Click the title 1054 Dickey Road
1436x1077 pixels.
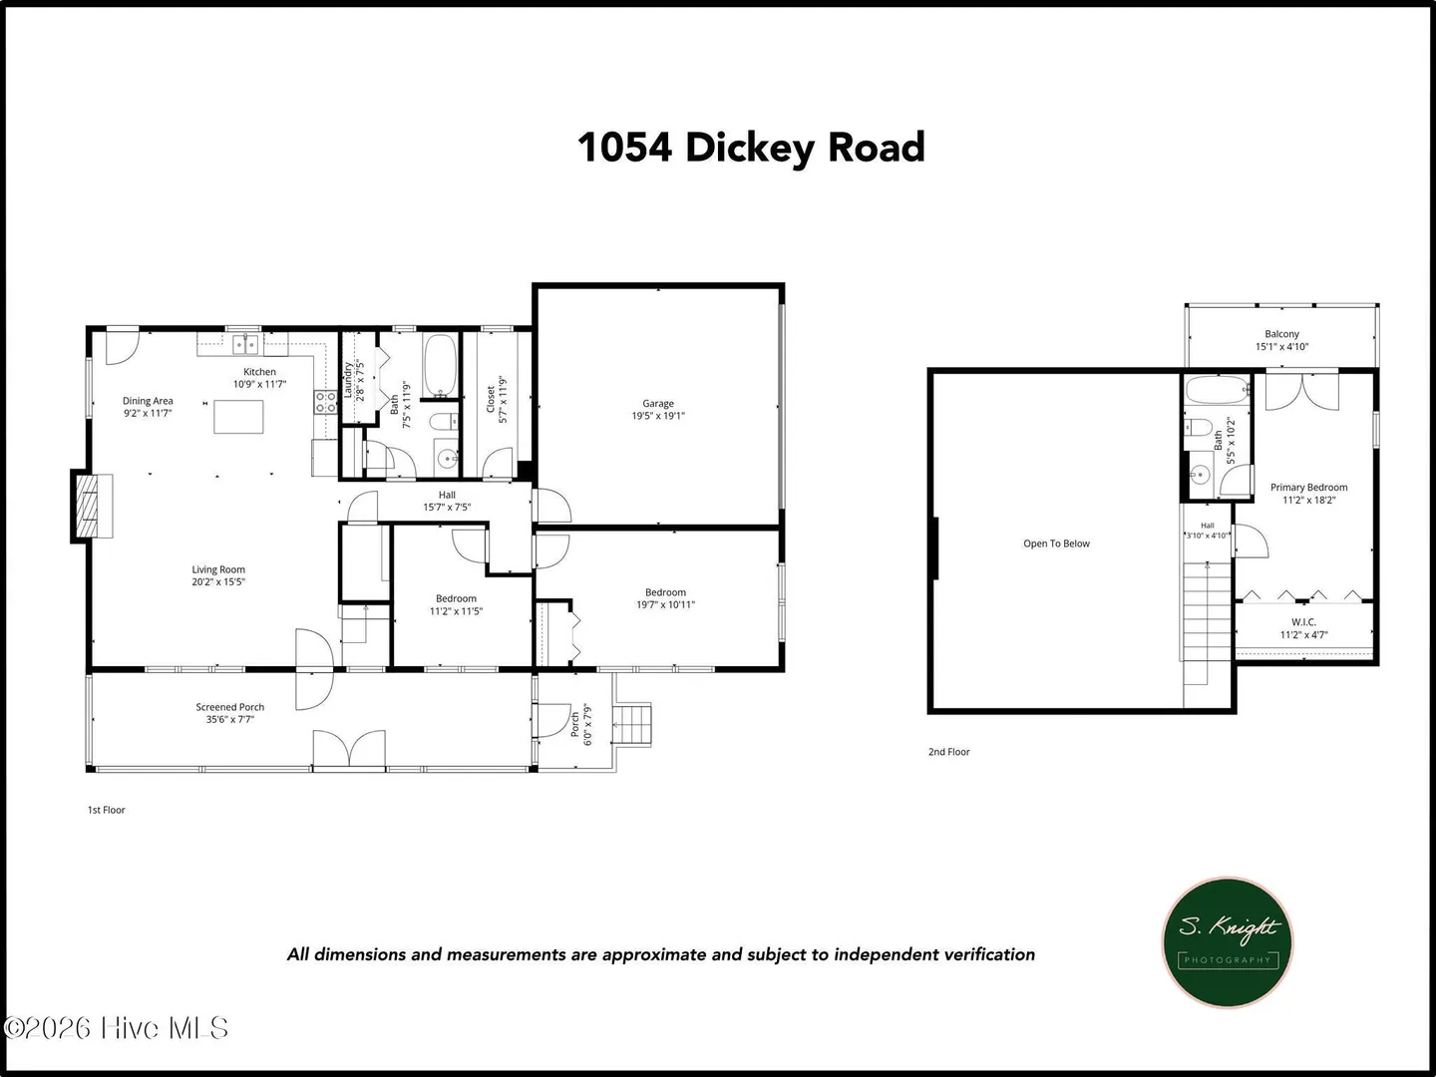point(750,148)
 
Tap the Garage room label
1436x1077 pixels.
point(657,404)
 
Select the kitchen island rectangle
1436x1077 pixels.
point(238,417)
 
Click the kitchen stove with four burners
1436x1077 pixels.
point(325,402)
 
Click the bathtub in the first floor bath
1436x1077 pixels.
point(440,366)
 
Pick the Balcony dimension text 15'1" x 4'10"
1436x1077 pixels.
point(1281,347)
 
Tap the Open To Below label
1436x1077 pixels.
point(1056,543)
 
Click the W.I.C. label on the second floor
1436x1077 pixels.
point(1303,622)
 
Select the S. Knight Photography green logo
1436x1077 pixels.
point(1228,942)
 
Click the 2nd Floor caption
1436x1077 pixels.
point(948,752)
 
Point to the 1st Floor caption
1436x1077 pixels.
point(106,810)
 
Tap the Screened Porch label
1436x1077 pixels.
point(230,707)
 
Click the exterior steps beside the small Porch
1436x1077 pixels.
point(632,725)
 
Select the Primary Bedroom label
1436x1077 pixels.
point(1308,488)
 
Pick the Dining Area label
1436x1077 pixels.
point(148,401)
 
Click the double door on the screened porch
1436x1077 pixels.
point(349,749)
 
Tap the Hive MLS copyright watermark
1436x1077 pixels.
point(116,1028)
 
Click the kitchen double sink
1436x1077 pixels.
point(245,344)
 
